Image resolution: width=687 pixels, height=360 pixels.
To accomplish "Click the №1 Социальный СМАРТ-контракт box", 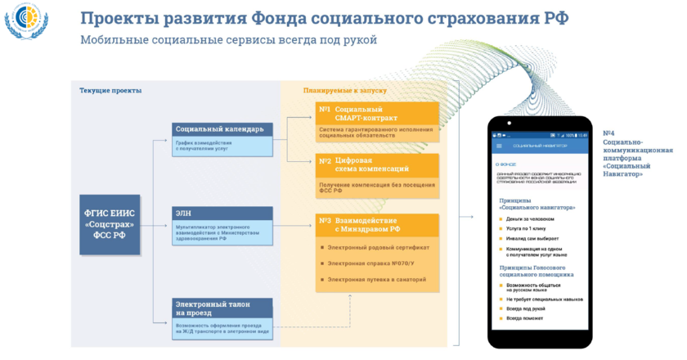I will (377, 114).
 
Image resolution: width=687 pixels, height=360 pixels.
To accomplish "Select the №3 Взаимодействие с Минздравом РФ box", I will (377, 225).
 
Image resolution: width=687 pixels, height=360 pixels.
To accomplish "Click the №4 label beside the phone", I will (609, 133).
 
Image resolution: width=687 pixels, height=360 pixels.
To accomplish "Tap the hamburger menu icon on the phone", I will (500, 146).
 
